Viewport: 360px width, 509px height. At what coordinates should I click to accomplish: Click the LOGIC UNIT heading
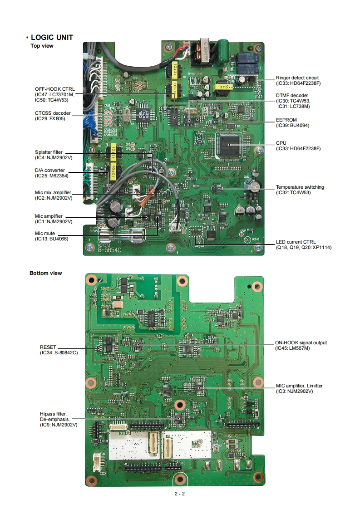click(52, 38)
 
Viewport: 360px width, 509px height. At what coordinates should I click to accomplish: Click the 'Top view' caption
click(42, 46)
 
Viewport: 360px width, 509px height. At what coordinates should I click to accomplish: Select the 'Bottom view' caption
click(46, 273)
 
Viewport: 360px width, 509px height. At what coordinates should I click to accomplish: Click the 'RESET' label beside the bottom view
click(48, 347)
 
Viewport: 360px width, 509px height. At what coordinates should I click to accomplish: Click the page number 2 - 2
click(179, 494)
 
